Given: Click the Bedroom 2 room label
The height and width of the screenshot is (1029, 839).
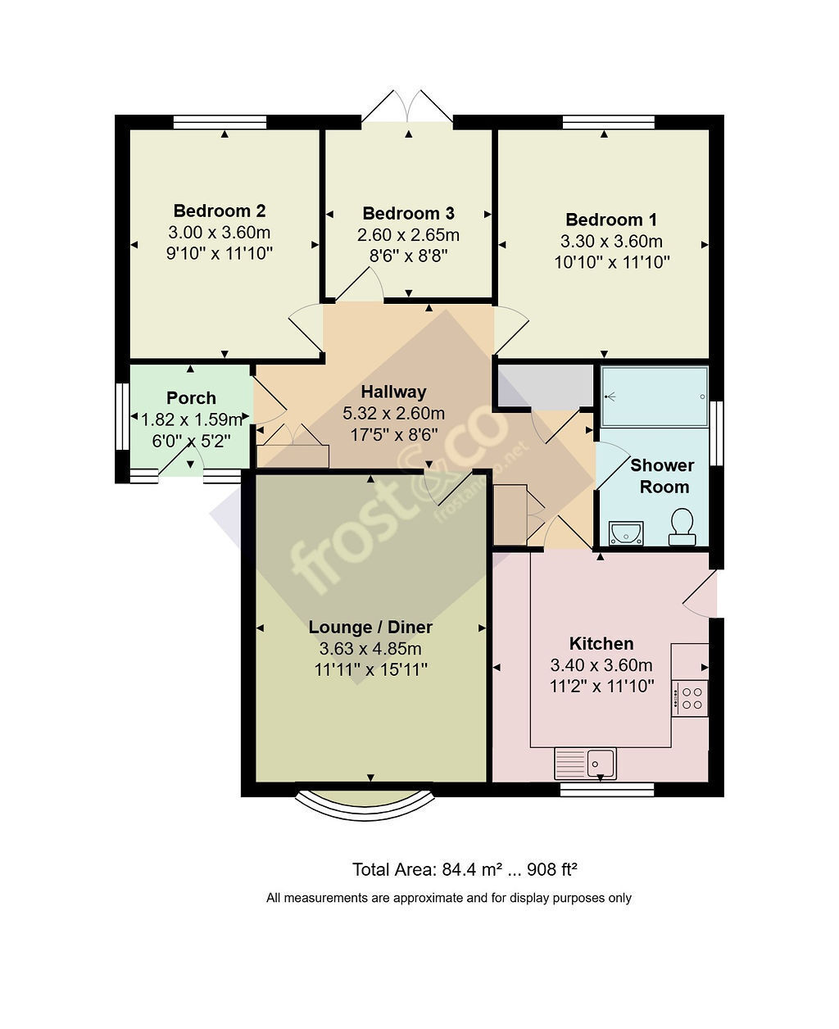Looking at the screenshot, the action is [x=219, y=211].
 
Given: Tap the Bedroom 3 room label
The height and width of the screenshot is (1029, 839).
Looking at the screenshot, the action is [x=408, y=213].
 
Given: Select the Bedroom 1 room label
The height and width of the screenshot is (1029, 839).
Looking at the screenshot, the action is [x=611, y=220].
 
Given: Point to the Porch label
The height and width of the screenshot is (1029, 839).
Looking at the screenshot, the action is [x=191, y=398].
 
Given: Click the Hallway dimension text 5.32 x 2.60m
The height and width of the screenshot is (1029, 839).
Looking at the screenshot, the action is [x=393, y=413].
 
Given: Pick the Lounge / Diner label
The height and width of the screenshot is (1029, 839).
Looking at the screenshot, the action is [x=370, y=627].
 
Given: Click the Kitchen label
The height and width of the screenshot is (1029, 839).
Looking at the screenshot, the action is [x=601, y=644].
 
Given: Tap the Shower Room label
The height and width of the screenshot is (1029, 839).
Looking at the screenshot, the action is [x=662, y=476].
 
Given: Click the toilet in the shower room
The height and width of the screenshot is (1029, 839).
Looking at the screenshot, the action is [x=682, y=527].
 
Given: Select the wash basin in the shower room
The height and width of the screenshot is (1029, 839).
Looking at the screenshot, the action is [x=626, y=533].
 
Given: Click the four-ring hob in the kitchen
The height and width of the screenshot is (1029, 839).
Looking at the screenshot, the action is [x=690, y=698].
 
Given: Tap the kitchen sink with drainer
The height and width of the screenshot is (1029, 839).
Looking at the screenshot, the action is [x=585, y=764].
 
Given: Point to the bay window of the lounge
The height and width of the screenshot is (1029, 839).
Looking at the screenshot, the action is [x=365, y=806].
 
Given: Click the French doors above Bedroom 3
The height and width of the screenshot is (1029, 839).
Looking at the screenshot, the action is [x=407, y=107].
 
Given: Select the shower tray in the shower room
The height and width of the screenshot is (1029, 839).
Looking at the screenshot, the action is [x=655, y=397].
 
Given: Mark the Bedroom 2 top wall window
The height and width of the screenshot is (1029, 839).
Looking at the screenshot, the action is [x=220, y=122].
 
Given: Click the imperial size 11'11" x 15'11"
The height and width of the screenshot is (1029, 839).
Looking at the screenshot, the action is [x=370, y=669].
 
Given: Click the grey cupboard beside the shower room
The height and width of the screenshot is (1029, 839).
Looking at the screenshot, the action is [x=545, y=386].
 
